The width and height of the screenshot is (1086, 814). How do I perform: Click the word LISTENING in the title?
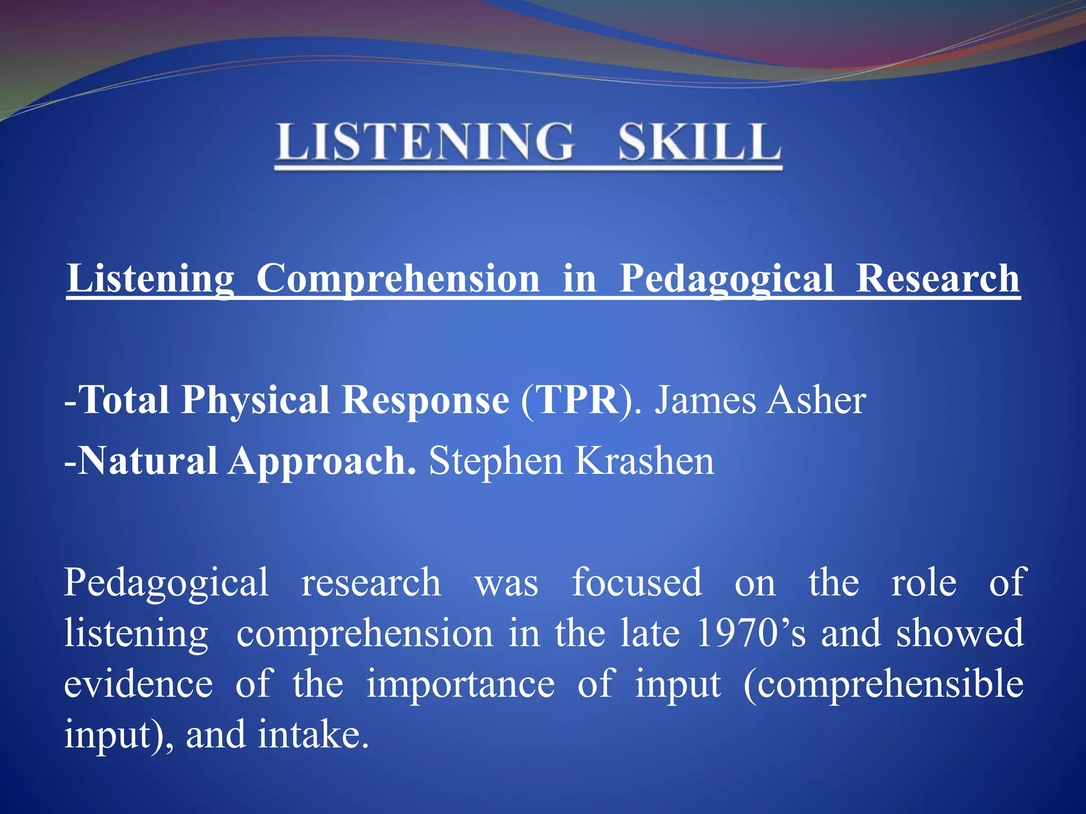click(424, 141)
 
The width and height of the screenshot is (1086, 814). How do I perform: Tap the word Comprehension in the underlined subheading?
click(398, 279)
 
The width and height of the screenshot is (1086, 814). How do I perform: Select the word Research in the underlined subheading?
click(937, 279)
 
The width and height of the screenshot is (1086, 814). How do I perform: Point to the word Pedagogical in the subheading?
click(726, 279)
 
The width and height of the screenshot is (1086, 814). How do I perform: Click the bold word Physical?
click(255, 400)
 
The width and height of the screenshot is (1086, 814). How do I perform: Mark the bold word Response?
click(425, 400)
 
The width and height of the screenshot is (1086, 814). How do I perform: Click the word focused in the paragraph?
click(637, 582)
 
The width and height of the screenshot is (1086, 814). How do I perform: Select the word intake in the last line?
click(313, 735)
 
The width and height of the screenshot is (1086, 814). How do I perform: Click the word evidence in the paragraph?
click(138, 684)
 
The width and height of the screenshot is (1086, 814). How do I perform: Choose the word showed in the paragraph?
click(959, 633)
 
